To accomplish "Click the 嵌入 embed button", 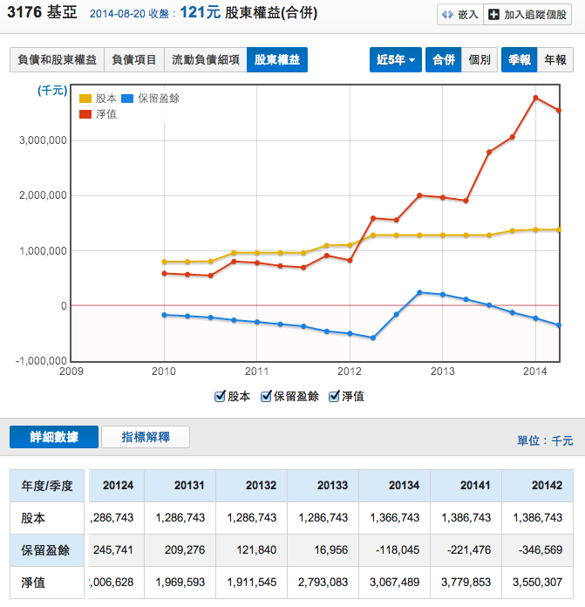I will tap(460, 15).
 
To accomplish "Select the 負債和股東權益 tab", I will tap(57, 60).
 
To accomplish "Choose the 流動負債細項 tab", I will tap(205, 60).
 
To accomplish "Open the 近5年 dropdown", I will tap(396, 60).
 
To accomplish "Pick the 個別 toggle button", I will tap(480, 60).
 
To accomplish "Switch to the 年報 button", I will tap(555, 60).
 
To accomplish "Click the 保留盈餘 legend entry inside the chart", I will tap(152, 99).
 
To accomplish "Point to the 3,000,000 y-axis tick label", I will tap(43, 140).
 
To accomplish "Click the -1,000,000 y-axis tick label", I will tap(41, 361).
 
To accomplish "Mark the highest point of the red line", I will tap(535, 98).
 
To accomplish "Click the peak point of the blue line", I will tap(419, 292).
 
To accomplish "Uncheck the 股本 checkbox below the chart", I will tap(221, 396).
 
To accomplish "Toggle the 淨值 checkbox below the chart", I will tap(334, 396).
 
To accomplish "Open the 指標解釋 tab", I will tap(146, 437).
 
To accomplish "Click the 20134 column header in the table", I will tap(394, 486).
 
